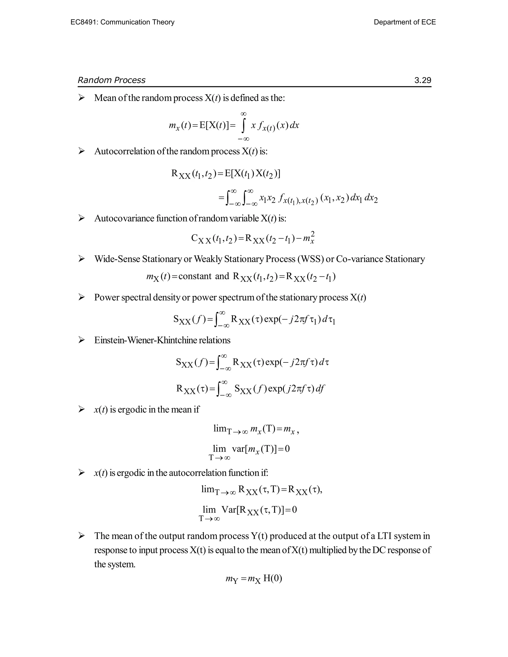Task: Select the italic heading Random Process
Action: (x=111, y=80)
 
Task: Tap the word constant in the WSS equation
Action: (x=195, y=276)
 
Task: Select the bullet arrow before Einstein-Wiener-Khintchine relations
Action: (x=81, y=340)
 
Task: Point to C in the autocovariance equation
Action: (x=194, y=238)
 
